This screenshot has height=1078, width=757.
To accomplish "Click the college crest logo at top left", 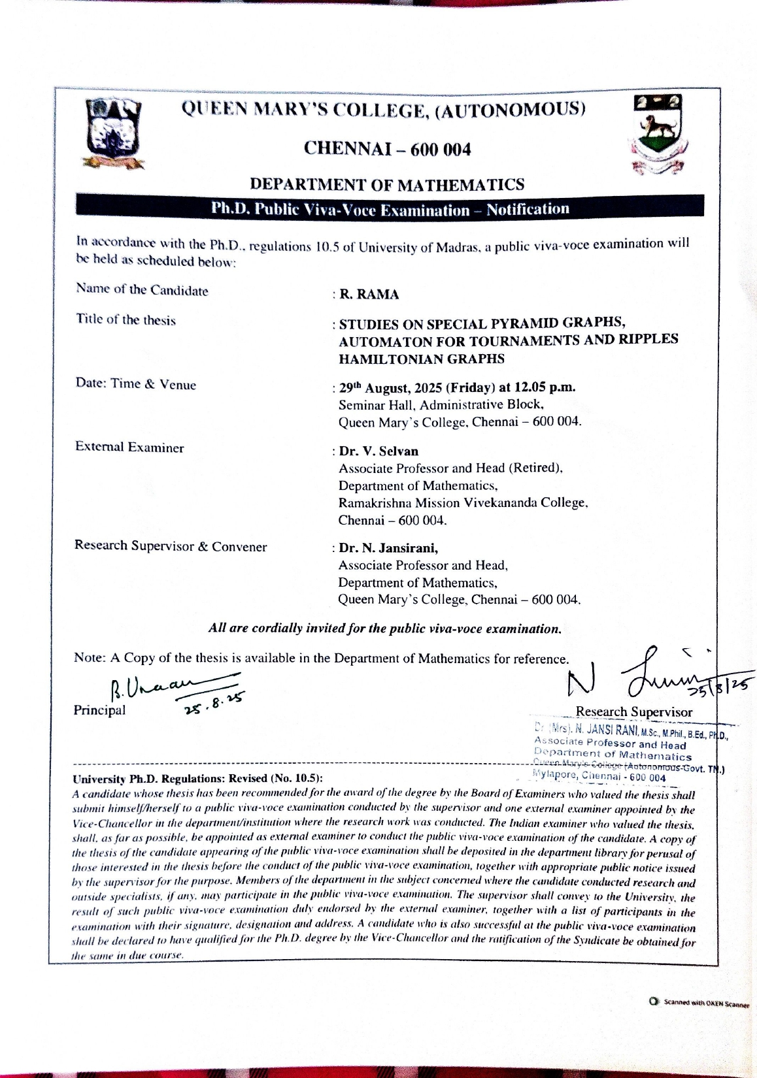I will pos(114,133).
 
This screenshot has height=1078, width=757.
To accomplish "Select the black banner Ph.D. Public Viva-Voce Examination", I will pos(390,210).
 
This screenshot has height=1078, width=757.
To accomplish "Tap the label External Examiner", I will pos(129,448).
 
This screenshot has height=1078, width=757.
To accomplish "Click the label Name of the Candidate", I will pos(142,290).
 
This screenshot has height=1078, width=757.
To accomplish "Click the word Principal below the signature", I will pos(100,710).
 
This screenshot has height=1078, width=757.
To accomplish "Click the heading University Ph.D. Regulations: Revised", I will pos(198,779).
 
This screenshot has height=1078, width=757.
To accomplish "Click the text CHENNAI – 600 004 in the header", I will pos(387,150).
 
